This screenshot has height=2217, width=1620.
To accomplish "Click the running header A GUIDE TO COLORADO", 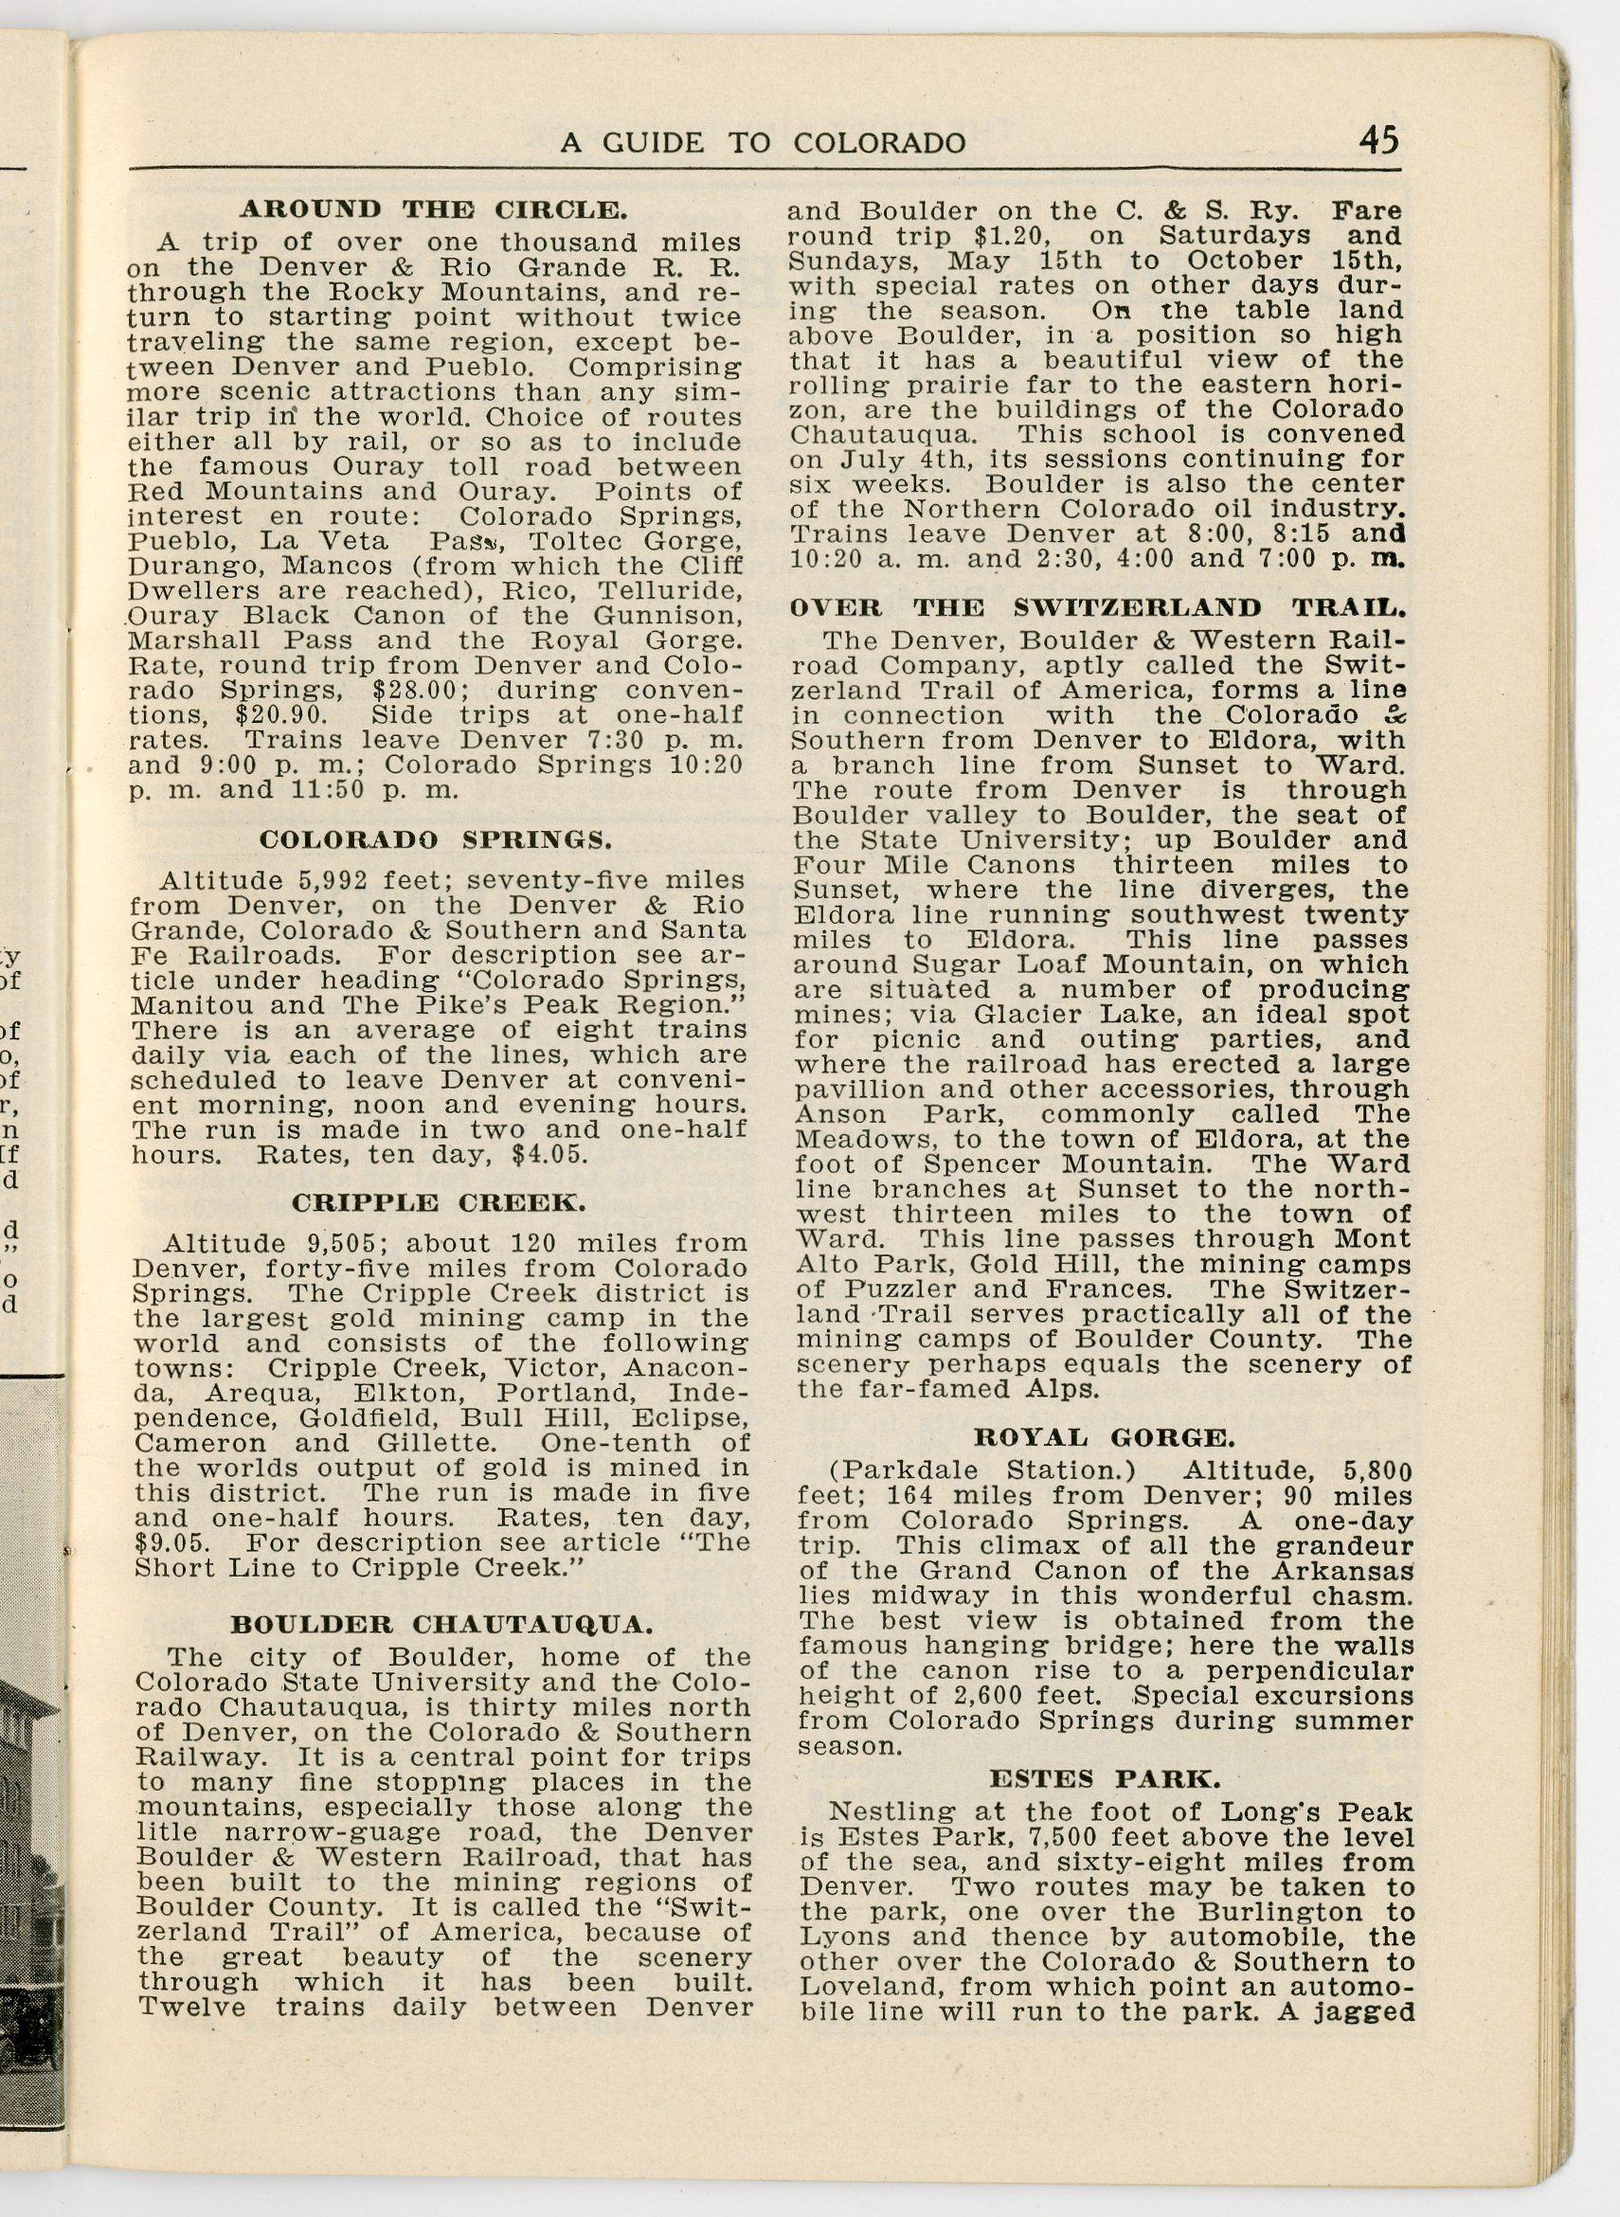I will tap(762, 143).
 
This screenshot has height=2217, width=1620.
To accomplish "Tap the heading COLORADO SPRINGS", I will tap(436, 839).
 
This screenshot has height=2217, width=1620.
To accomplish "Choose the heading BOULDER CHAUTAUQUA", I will tap(441, 1624).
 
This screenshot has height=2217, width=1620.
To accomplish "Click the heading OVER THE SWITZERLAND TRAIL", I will tap(1098, 607).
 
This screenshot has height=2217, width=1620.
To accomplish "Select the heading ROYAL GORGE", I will tap(1102, 1438).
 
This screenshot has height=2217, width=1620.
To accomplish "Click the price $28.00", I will tap(409, 690).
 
